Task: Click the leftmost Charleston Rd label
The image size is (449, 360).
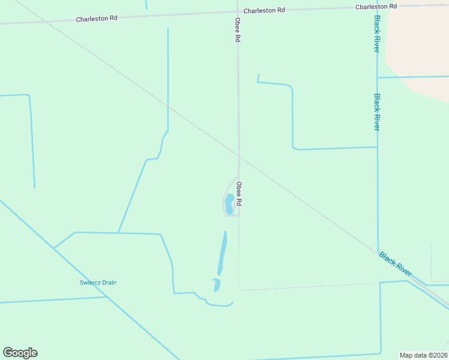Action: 96,19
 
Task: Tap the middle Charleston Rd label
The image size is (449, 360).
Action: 264,11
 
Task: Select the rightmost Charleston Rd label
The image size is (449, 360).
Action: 376,7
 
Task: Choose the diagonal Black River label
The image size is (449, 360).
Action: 395,264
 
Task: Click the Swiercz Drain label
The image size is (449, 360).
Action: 98,283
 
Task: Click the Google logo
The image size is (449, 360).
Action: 20,353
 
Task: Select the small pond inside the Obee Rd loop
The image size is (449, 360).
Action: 229,204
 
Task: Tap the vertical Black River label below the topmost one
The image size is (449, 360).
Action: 377,112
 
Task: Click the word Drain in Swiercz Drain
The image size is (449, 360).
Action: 109,283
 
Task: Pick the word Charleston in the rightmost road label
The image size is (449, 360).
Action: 369,7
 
